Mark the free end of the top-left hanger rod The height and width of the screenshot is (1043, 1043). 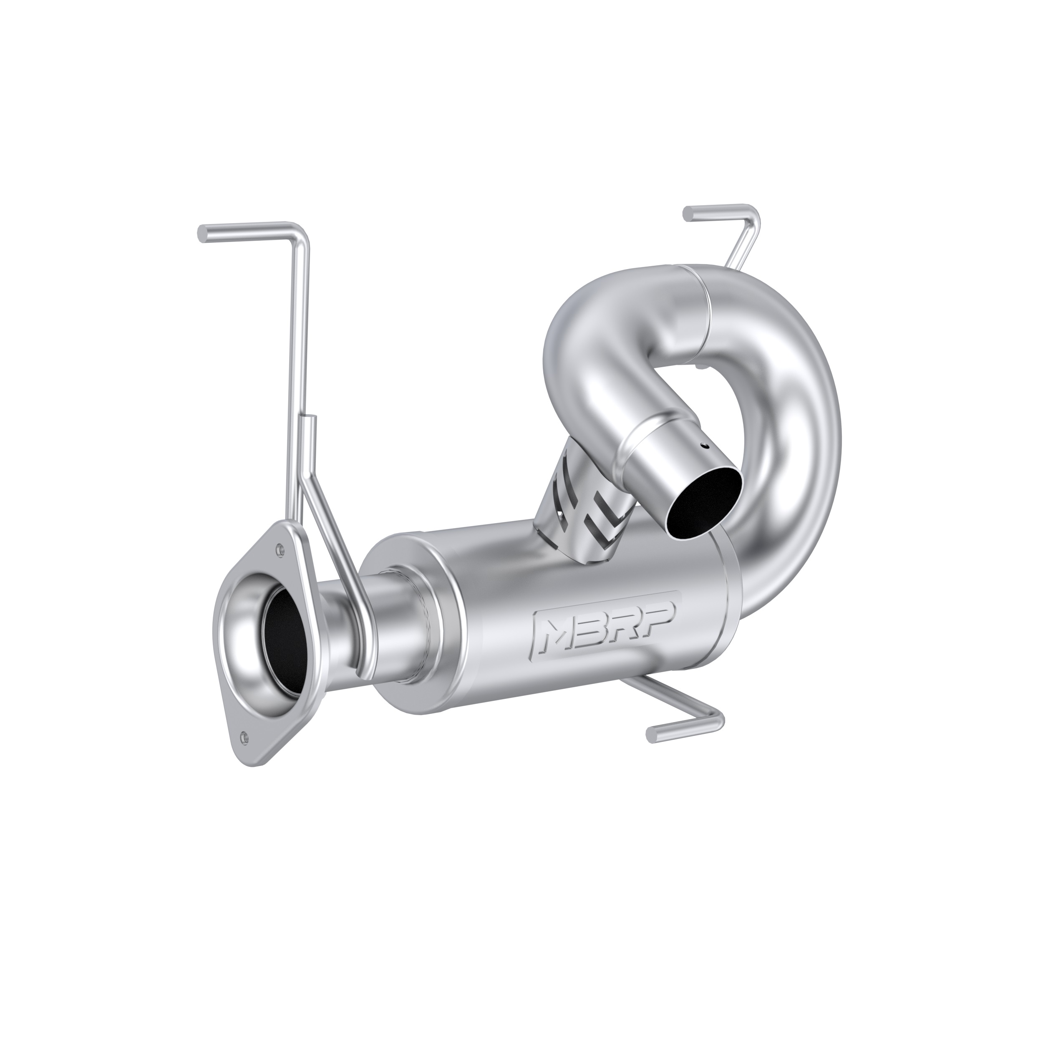204,233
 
